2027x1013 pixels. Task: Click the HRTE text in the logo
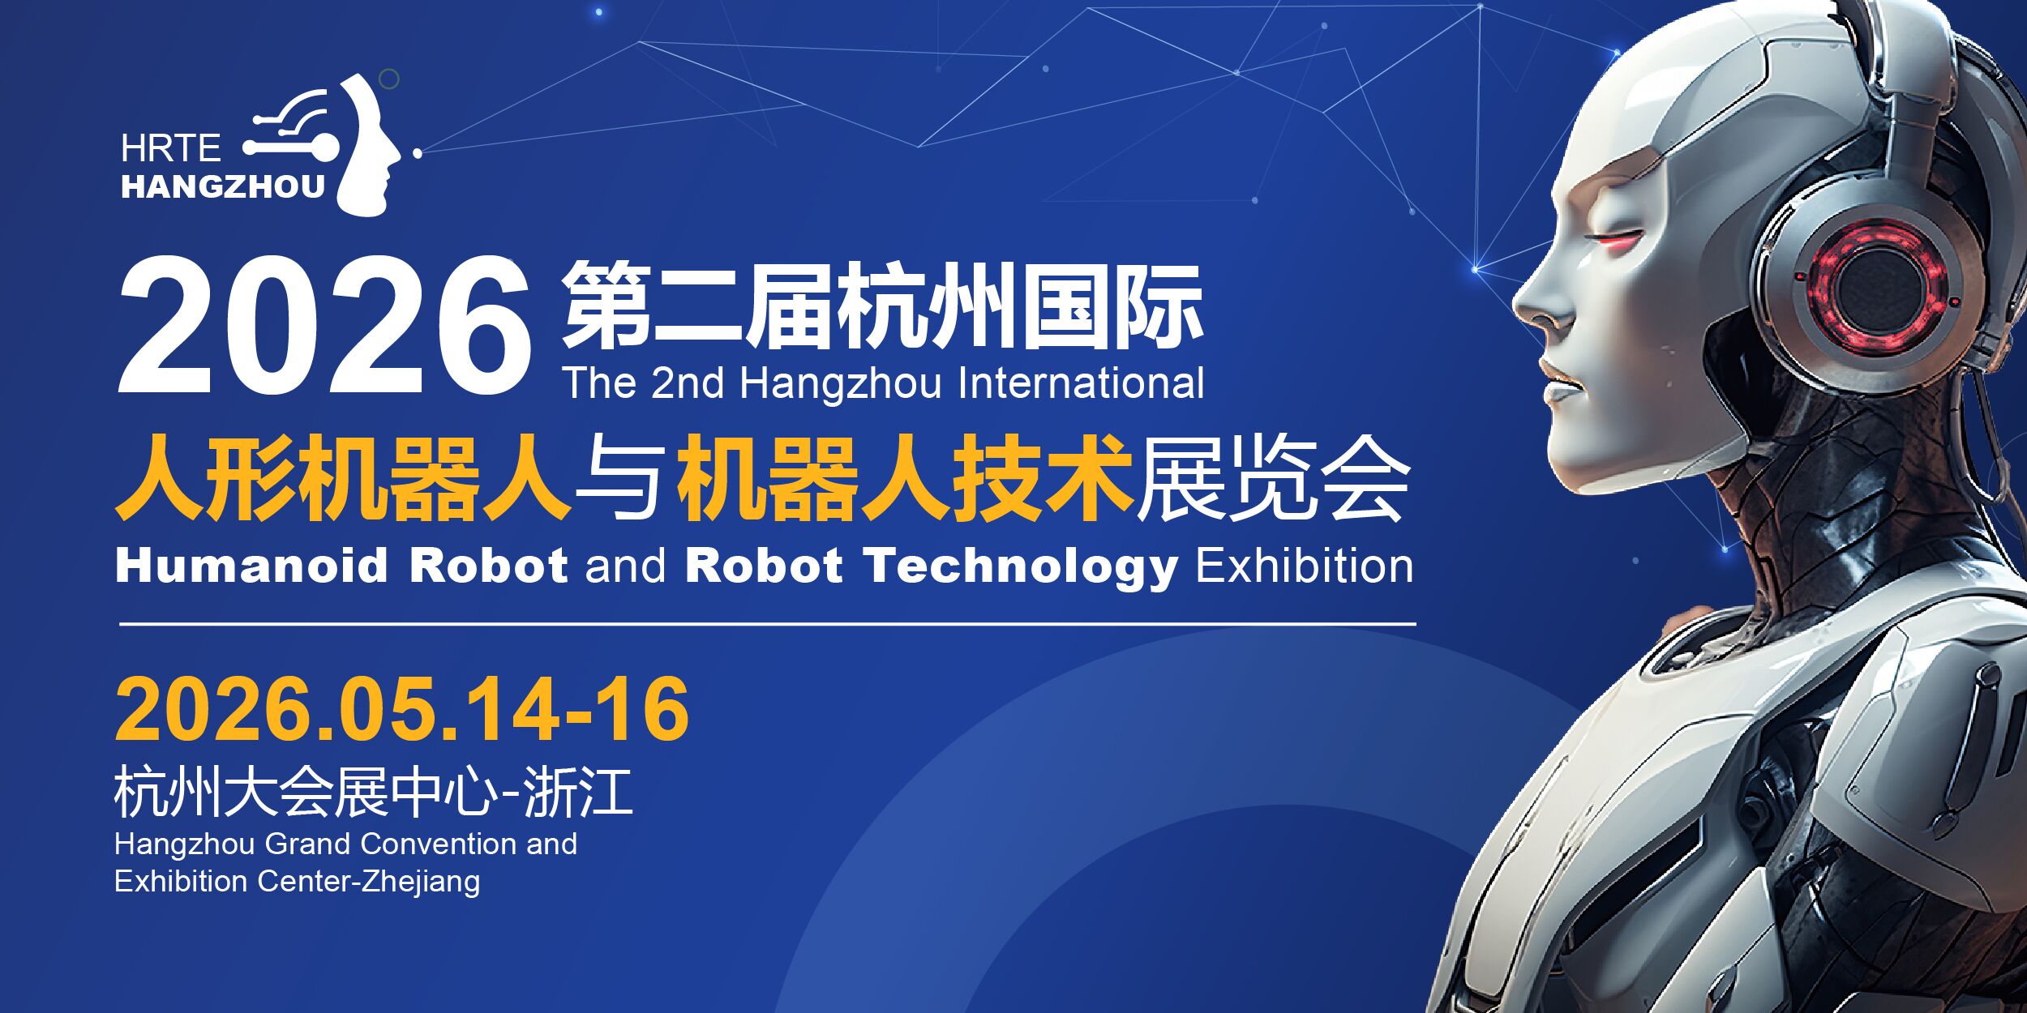click(171, 148)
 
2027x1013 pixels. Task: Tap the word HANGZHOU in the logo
click(223, 187)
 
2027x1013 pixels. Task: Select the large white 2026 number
click(324, 325)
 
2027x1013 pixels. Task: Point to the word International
click(1081, 383)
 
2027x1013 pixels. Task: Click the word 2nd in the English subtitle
click(688, 383)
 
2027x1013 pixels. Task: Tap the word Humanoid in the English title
click(252, 565)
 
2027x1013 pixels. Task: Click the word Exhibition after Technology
click(1305, 565)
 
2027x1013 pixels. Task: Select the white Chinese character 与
click(623, 478)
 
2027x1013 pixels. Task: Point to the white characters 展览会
click(1273, 478)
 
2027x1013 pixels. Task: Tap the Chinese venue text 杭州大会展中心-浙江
click(373, 792)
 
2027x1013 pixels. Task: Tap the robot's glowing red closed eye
click(1616, 237)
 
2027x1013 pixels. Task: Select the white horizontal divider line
click(768, 624)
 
